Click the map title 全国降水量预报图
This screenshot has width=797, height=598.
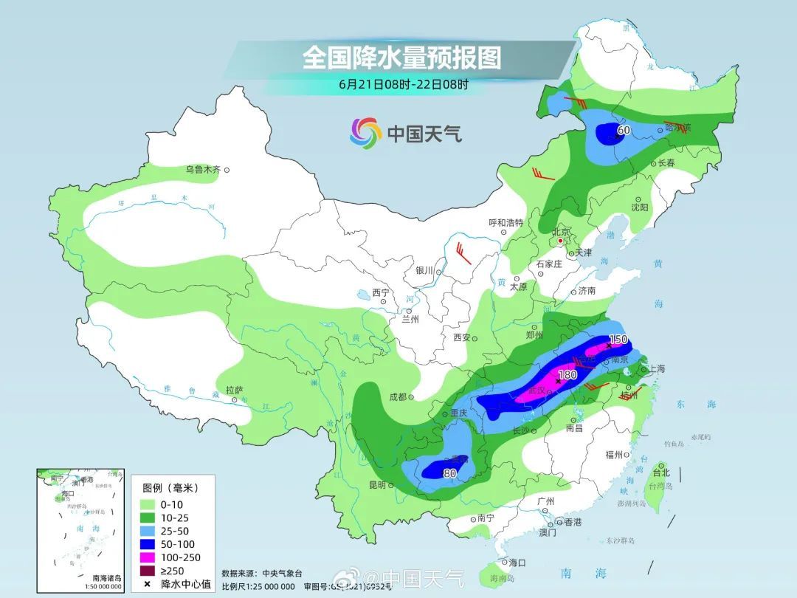pyautogui.click(x=401, y=57)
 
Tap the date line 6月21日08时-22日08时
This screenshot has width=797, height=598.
pyautogui.click(x=403, y=83)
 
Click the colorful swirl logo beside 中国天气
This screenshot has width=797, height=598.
pyautogui.click(x=365, y=133)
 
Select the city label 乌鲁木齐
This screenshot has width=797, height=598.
pyautogui.click(x=203, y=170)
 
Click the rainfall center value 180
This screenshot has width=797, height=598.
pyautogui.click(x=567, y=375)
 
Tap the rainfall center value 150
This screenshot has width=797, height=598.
pyautogui.click(x=618, y=340)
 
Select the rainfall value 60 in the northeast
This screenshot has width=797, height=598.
pyautogui.click(x=624, y=131)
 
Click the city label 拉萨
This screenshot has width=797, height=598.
pyautogui.click(x=234, y=390)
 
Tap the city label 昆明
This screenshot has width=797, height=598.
pyautogui.click(x=376, y=485)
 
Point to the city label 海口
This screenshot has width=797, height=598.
pyautogui.click(x=517, y=562)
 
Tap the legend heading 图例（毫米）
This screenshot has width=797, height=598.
pyautogui.click(x=170, y=488)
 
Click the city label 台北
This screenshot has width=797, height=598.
pyautogui.click(x=660, y=472)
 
